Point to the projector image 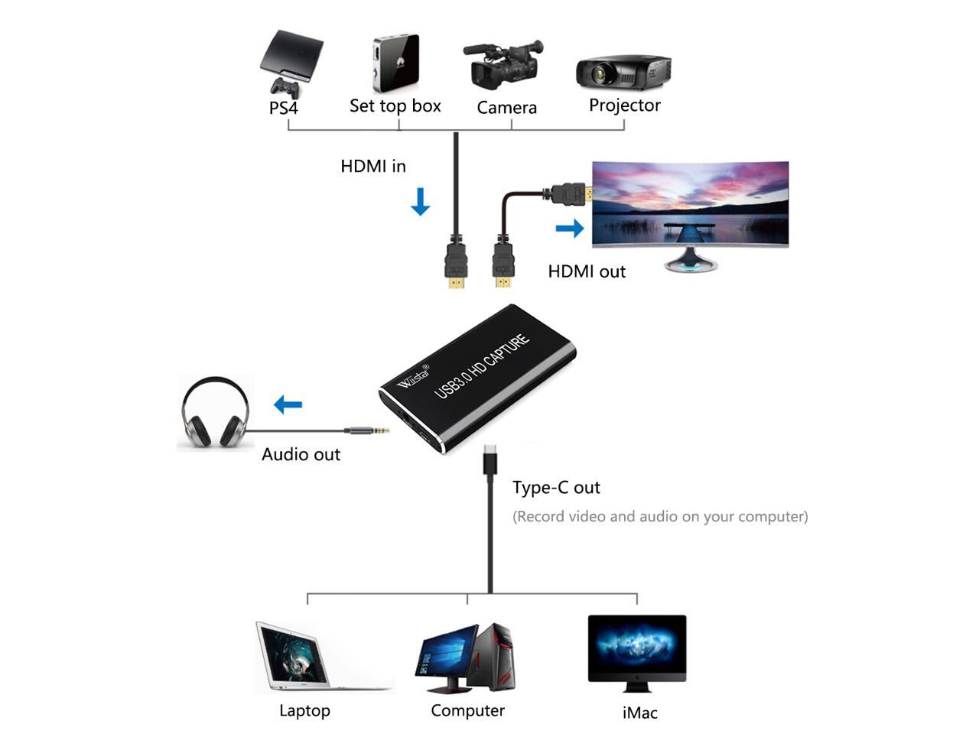coord(623,72)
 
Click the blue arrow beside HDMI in coord(420,201)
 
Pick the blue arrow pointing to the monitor coord(569,227)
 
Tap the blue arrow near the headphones coord(288,404)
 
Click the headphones coord(216,412)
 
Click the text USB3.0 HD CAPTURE coord(481,366)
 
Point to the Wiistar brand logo coord(413,376)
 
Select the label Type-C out coord(556,488)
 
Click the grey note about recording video coord(659,517)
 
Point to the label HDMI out coord(587,271)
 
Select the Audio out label coord(301,454)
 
